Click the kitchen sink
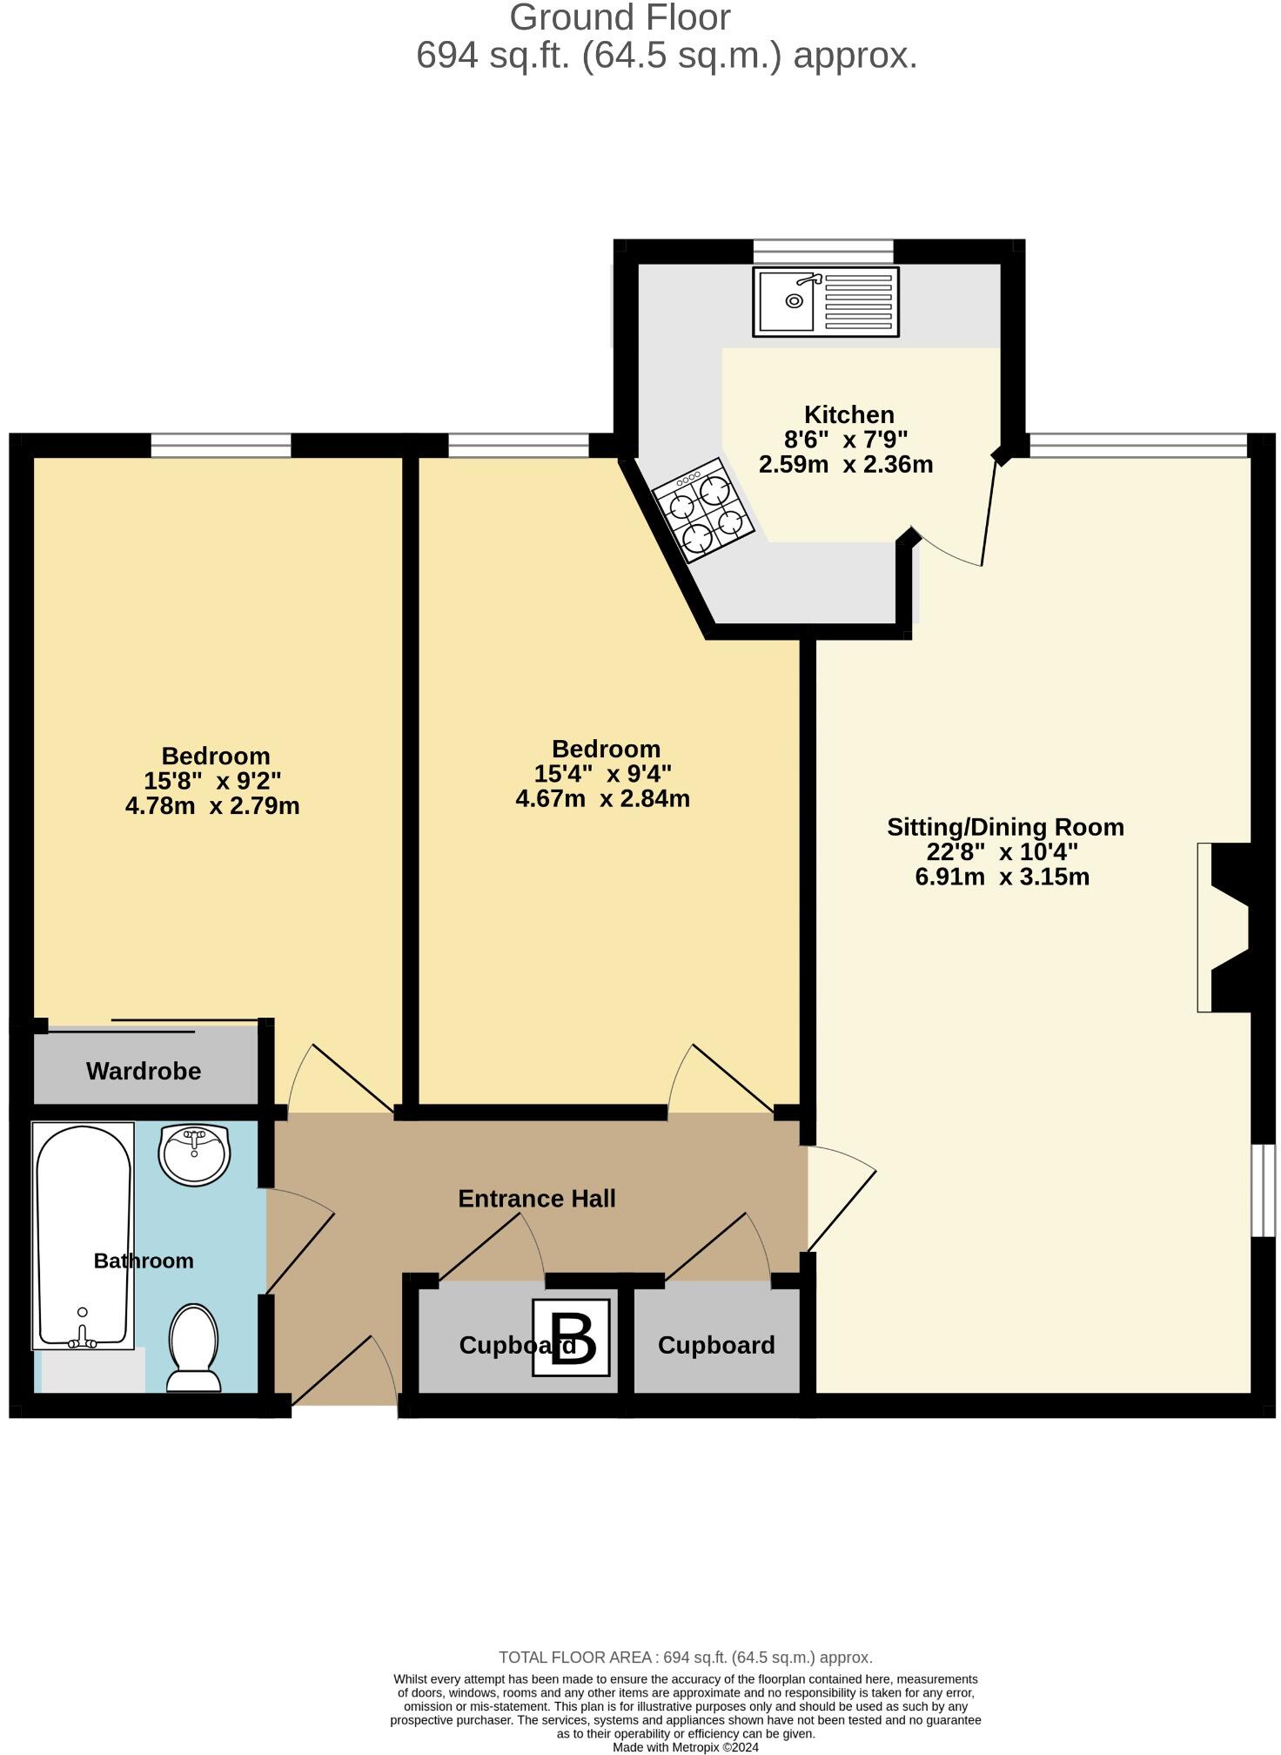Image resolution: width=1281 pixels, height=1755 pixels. point(825,301)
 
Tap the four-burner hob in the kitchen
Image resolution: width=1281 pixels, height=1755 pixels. point(704,511)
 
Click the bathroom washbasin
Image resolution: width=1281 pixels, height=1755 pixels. point(194,1153)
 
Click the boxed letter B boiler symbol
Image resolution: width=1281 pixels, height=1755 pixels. point(571,1344)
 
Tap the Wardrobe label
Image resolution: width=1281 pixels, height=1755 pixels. point(144,1071)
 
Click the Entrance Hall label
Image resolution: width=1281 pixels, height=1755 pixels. point(537,1199)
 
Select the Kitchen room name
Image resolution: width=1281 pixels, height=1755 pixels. point(848,414)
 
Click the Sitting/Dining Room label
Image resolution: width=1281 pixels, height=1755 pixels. point(1005,827)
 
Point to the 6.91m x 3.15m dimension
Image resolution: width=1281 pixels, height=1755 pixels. point(1002,877)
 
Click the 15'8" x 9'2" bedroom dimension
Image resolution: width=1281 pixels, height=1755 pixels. point(212,780)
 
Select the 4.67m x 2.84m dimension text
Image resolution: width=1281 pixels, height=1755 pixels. point(602,798)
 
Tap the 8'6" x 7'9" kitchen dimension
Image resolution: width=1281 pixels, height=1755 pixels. point(846,440)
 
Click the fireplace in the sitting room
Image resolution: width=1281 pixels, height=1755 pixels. point(1228,927)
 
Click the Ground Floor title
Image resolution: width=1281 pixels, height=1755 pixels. point(620,17)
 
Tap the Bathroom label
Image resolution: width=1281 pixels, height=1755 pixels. point(144,1261)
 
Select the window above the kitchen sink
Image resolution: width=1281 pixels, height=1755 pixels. point(822,252)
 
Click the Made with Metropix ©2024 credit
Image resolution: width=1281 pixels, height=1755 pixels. point(686,1747)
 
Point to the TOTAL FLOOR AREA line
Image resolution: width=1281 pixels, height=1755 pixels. point(685,1657)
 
